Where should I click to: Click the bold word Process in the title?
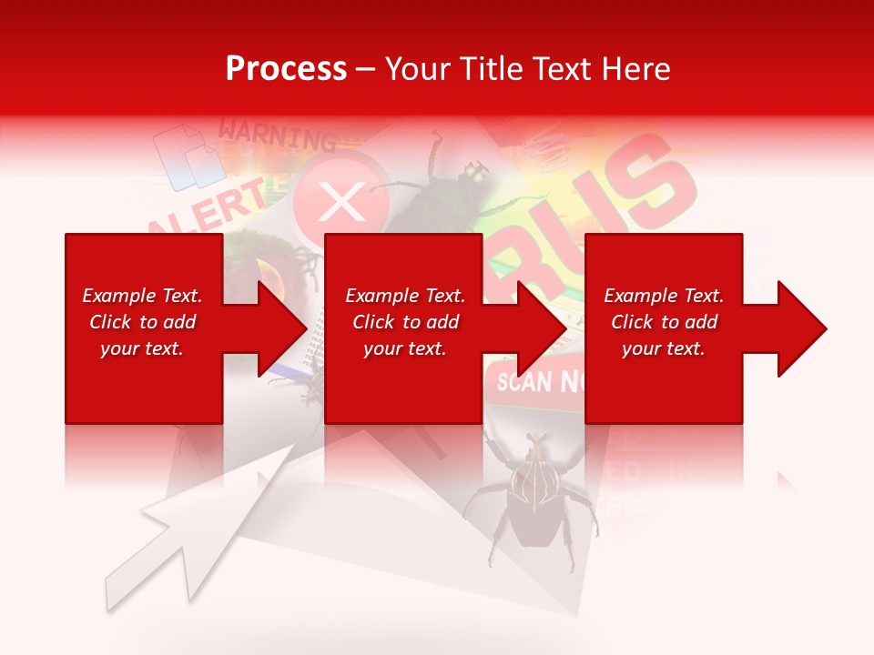[286, 68]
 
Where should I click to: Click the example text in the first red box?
[142, 322]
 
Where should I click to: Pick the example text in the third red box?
[664, 322]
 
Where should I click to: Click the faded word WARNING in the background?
[278, 136]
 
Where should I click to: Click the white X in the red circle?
[341, 202]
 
